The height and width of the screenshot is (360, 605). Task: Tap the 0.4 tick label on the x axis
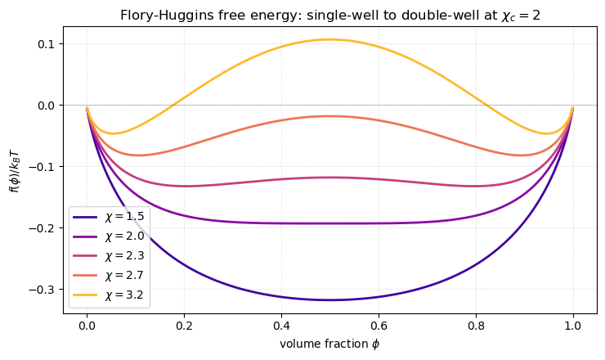[281, 325]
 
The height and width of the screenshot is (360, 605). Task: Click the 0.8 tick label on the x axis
[476, 325]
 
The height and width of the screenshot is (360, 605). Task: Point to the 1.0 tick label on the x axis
[573, 325]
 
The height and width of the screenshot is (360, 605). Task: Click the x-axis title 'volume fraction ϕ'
[329, 344]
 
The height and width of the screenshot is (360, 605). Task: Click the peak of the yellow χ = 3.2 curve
[329, 39]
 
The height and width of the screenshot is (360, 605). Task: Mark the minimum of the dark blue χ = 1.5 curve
[329, 300]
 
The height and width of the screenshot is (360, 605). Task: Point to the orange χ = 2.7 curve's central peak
[329, 116]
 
